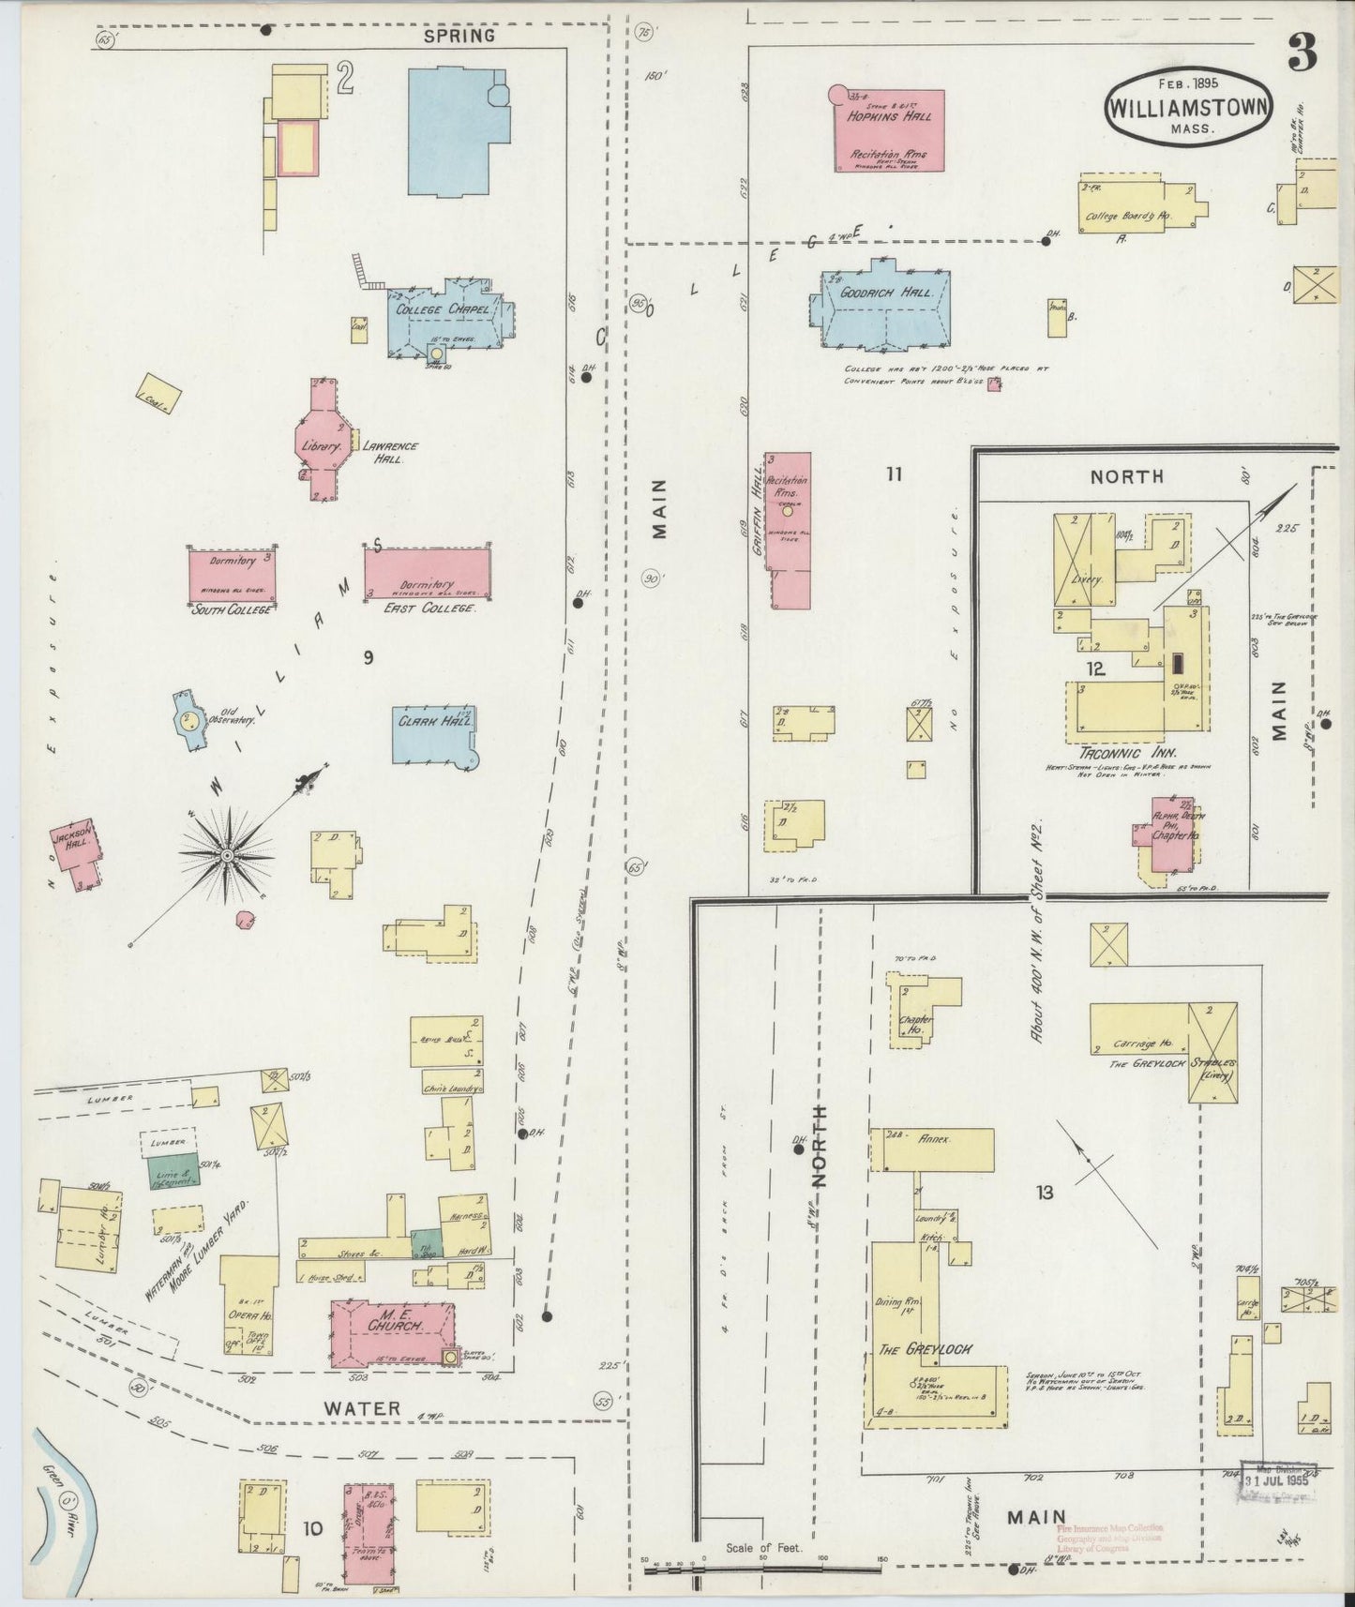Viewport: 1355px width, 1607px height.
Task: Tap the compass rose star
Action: click(x=227, y=855)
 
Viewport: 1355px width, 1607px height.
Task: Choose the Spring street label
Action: click(x=459, y=36)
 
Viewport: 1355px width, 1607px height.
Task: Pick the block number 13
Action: click(x=1045, y=1193)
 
